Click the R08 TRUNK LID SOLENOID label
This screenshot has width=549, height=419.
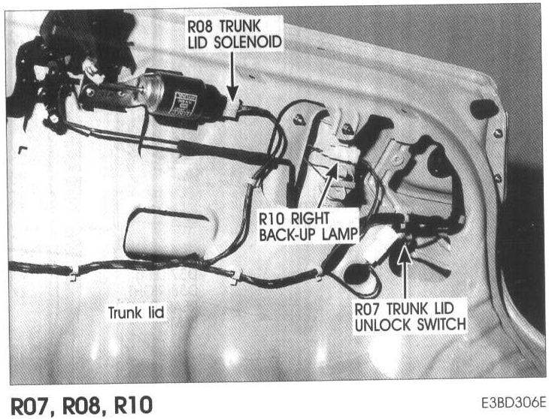click(235, 35)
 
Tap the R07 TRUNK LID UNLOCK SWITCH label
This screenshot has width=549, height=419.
click(409, 316)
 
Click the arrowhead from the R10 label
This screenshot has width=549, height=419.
click(333, 168)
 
